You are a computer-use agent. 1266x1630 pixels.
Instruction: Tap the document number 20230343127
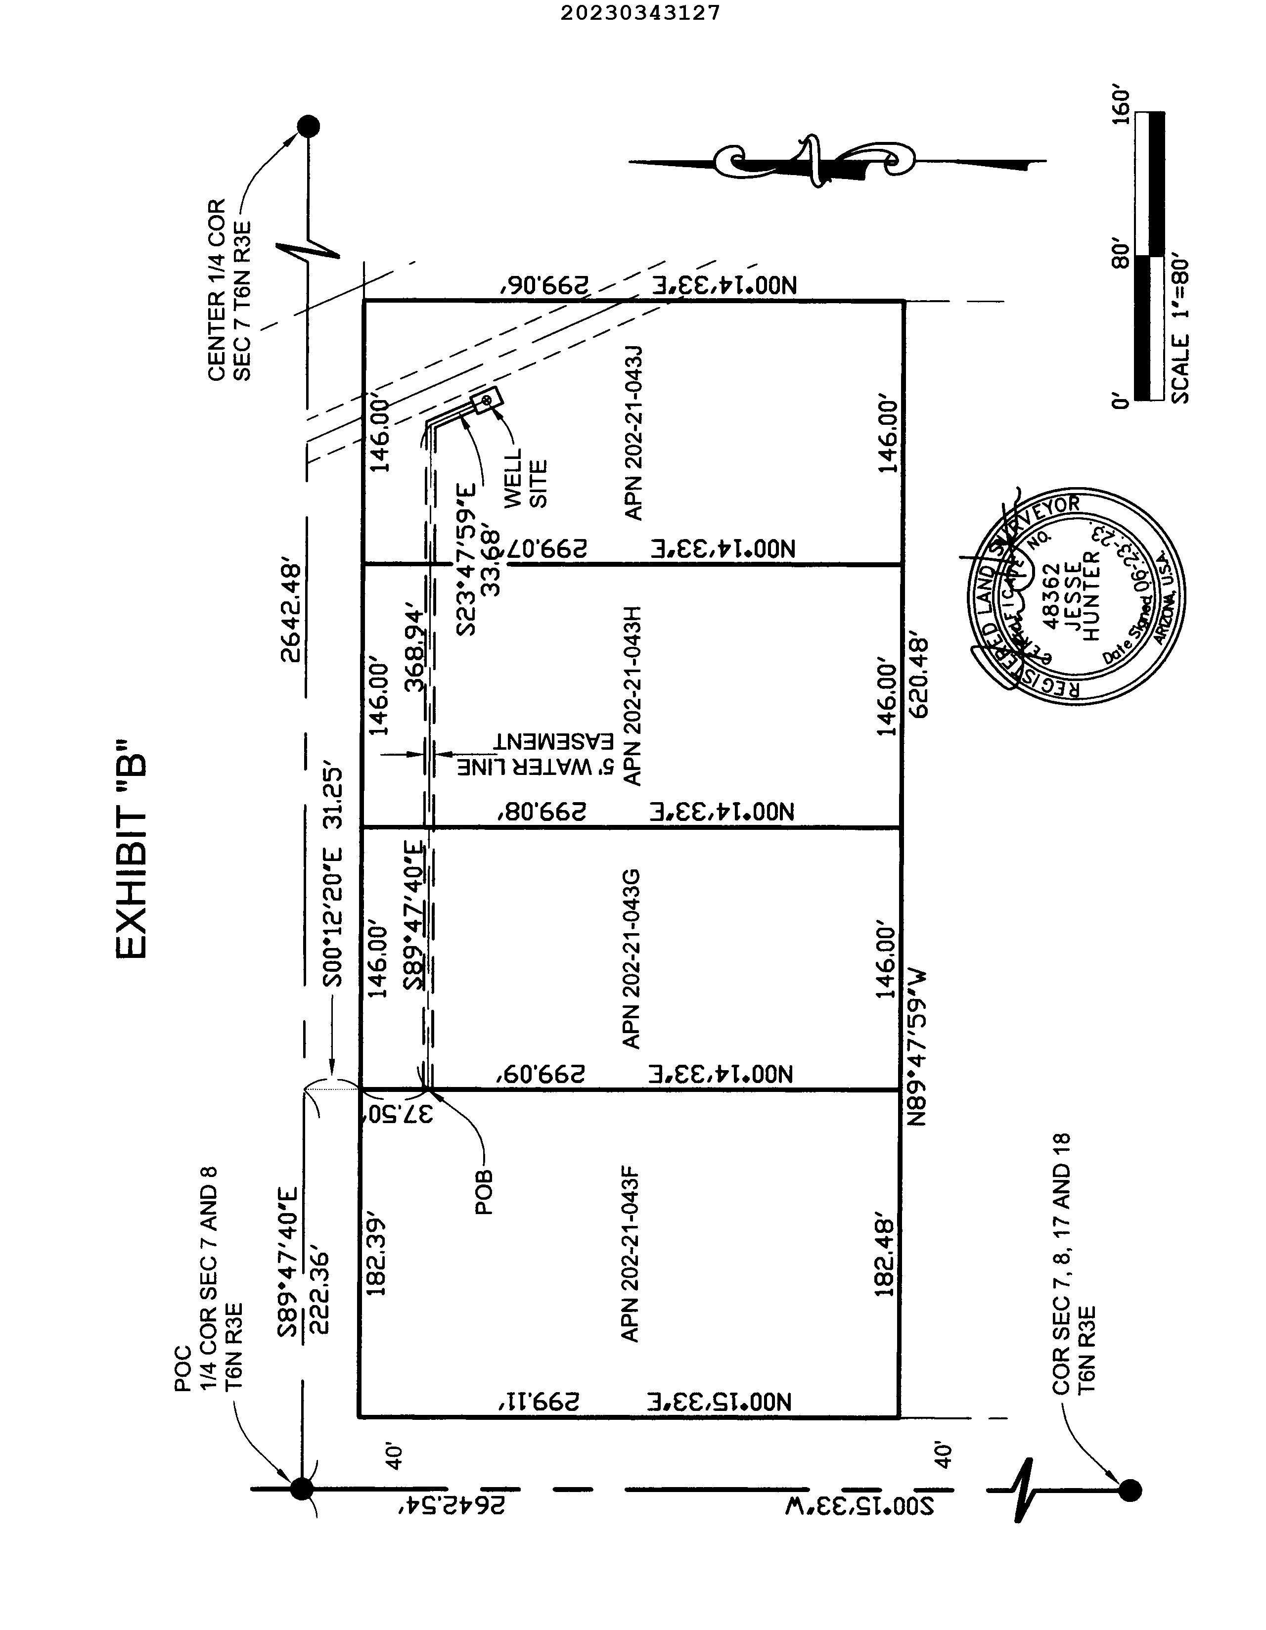click(640, 13)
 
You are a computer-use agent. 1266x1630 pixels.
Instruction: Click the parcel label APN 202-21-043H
click(632, 696)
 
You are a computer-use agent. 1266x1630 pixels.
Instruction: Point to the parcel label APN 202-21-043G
click(632, 959)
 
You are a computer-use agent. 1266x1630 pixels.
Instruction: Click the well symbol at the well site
click(487, 402)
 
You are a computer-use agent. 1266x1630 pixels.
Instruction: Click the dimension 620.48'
click(920, 677)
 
